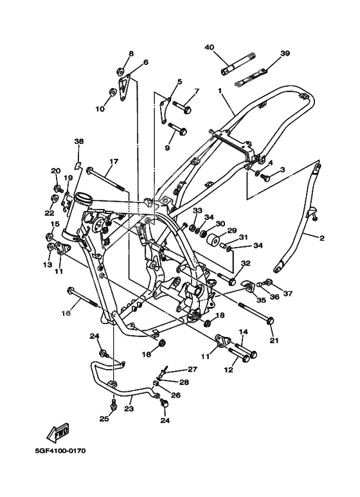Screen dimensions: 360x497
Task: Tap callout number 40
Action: [x=209, y=47]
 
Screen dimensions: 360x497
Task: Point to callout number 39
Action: [x=285, y=53]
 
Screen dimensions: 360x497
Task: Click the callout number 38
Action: [x=79, y=141]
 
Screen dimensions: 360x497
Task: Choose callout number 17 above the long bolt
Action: [x=114, y=161]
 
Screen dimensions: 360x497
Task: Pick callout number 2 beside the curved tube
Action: [x=321, y=238]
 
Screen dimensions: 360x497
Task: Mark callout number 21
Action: [x=274, y=340]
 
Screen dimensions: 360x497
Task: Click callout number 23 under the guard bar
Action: [x=129, y=408]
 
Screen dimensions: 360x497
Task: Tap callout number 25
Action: [x=104, y=419]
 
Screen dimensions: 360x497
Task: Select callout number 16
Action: [x=66, y=313]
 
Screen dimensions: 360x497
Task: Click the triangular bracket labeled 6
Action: [x=124, y=88]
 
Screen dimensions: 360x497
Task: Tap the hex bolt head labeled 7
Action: [x=187, y=110]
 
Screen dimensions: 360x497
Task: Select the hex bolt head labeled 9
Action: [x=183, y=131]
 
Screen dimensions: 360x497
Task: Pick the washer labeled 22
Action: [x=55, y=199]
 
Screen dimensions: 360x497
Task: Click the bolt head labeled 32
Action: [x=232, y=281]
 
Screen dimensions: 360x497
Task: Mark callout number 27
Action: [x=192, y=369]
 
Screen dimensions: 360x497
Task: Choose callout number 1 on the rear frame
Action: [x=219, y=91]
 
